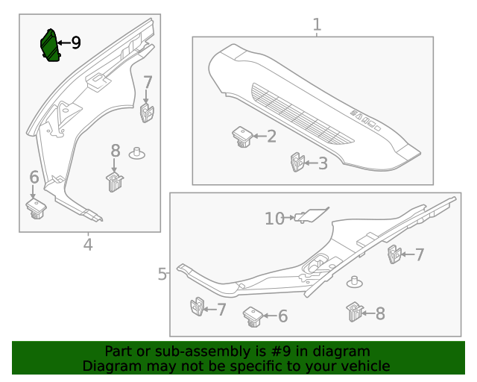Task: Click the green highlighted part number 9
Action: [49, 46]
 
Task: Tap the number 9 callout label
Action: [75, 43]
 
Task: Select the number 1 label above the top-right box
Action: [317, 25]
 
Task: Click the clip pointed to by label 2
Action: [241, 137]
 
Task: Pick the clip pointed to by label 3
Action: [297, 162]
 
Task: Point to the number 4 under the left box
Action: [88, 244]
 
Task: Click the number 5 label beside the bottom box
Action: [162, 274]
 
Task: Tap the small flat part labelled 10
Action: [312, 215]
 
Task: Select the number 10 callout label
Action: [274, 218]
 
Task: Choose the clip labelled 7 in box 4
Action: [146, 113]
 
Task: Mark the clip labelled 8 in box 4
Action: [114, 181]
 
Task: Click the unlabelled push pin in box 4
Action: [136, 153]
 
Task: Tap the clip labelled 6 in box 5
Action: [253, 316]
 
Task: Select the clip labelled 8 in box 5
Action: [354, 312]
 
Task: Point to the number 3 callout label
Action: [323, 163]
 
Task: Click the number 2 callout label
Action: [271, 136]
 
